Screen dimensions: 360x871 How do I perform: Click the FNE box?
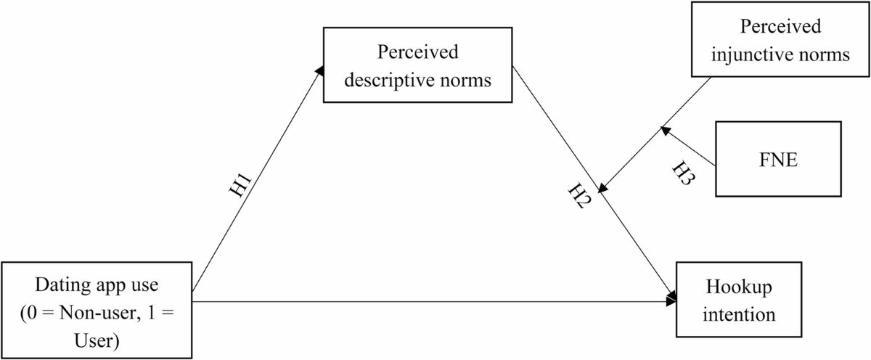(x=778, y=159)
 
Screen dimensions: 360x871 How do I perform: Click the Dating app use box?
(x=97, y=299)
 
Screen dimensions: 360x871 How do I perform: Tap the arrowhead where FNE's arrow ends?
(x=664, y=130)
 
